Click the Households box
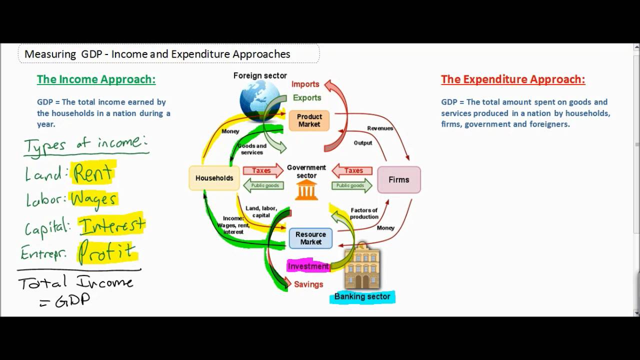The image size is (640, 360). pyautogui.click(x=214, y=178)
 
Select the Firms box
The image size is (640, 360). pyautogui.click(x=398, y=179)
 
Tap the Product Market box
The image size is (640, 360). pyautogui.click(x=309, y=120)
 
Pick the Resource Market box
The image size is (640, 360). pyautogui.click(x=310, y=238)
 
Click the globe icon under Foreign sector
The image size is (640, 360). pyautogui.click(x=260, y=99)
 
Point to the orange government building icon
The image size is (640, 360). pyautogui.click(x=306, y=190)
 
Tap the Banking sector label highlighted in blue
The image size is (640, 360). pyautogui.click(x=362, y=297)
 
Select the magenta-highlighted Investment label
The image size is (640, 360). pyautogui.click(x=308, y=266)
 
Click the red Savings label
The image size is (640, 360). pyautogui.click(x=308, y=284)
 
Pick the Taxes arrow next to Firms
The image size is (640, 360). pyautogui.click(x=352, y=171)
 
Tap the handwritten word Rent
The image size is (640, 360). pyautogui.click(x=93, y=173)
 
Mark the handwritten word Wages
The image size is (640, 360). pyautogui.click(x=94, y=199)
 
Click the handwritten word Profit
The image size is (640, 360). pyautogui.click(x=106, y=251)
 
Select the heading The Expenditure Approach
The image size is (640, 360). pyautogui.click(x=513, y=79)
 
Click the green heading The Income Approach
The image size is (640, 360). pyautogui.click(x=96, y=79)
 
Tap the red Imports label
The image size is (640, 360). pyautogui.click(x=305, y=84)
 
